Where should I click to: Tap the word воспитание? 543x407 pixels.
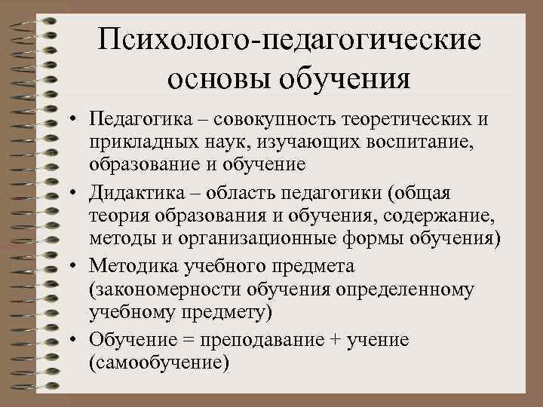[x=425, y=142]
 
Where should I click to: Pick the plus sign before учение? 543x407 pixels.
[x=335, y=341]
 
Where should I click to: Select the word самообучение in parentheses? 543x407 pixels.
[x=158, y=362]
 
